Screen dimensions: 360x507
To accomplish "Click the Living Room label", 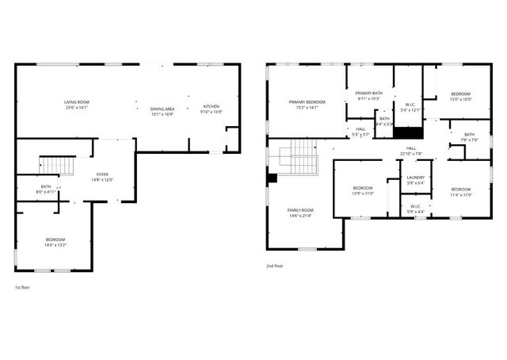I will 77,105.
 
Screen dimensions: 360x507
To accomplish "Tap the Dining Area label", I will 162,111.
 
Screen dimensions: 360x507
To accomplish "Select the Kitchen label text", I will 212,109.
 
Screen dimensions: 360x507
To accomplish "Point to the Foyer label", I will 103,176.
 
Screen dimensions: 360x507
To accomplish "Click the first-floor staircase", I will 50,164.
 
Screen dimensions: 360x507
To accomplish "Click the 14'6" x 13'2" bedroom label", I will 55,242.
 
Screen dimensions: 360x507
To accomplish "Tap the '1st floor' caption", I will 24,287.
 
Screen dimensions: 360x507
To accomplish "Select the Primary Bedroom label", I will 307,105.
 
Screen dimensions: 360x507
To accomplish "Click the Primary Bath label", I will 369,95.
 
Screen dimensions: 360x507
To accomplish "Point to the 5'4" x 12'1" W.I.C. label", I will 410,107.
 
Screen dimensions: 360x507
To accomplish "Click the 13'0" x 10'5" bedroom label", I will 460,96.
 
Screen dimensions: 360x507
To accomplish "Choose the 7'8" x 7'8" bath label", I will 469,137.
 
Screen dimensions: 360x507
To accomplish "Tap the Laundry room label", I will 415,180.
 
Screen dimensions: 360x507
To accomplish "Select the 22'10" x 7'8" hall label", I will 412,151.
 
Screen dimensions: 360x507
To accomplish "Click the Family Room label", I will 300,213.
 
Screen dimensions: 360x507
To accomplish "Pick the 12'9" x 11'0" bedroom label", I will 362,190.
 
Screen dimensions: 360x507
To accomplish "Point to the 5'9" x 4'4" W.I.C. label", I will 415,209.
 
